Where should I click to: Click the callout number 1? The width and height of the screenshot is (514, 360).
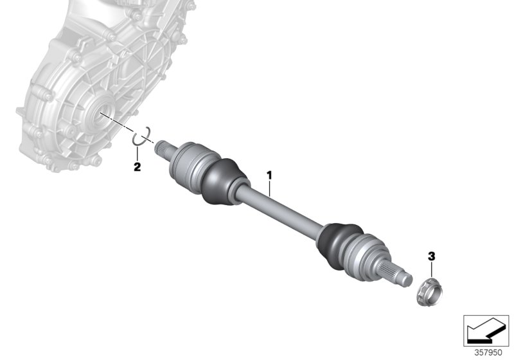point(270,174)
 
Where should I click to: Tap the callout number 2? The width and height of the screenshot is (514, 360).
point(137,168)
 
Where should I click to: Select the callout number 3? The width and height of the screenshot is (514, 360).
point(432,256)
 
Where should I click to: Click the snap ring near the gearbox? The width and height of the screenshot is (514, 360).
point(141,137)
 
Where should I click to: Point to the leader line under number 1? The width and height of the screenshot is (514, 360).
point(270,187)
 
